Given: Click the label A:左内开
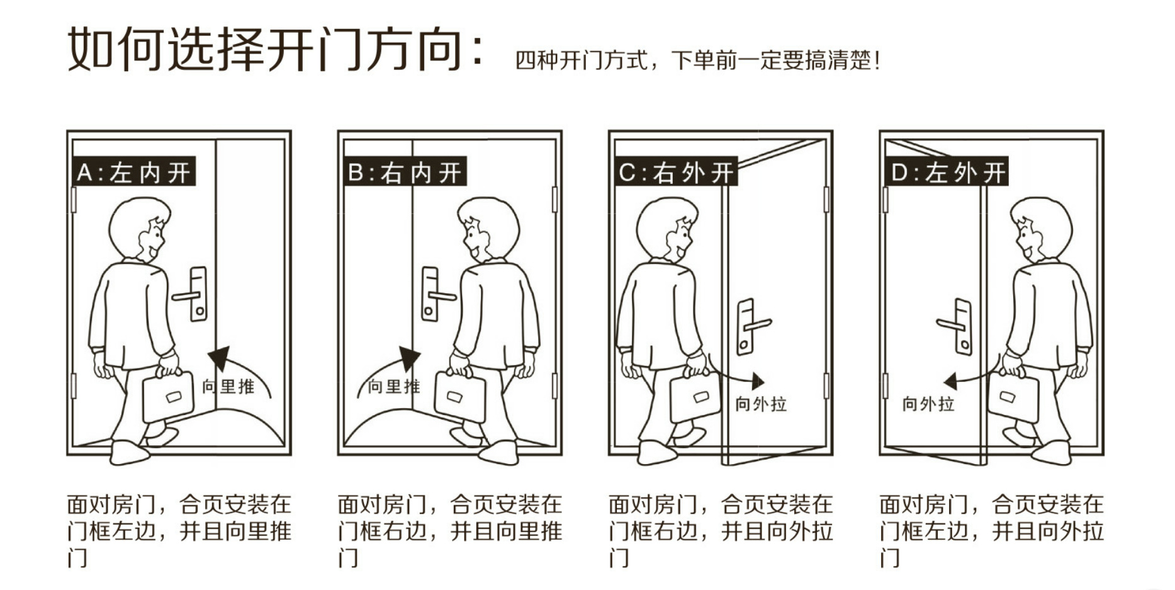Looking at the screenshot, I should [133, 172].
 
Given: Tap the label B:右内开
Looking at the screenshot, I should [404, 172].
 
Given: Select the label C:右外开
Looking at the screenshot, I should [675, 172].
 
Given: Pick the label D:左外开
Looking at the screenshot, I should [946, 172].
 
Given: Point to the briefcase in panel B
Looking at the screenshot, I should [460, 397].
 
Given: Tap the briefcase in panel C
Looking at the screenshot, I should [695, 397].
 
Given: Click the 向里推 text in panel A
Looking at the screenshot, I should [228, 386].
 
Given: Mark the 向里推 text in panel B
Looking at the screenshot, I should [394, 386].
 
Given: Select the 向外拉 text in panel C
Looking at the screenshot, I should [762, 404].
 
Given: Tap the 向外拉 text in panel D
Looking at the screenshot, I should [928, 404].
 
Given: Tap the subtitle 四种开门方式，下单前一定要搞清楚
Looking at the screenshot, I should [697, 60].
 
